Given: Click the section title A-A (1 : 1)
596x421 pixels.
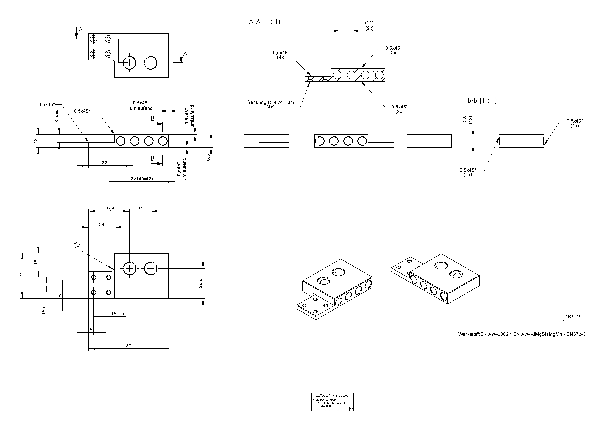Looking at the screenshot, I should [264, 22].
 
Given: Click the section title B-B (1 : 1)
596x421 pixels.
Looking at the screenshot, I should [482, 100].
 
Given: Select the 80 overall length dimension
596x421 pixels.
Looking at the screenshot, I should [128, 346].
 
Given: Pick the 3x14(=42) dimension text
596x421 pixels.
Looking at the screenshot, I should [142, 179].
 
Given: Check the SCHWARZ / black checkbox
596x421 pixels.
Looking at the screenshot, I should [314, 400].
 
